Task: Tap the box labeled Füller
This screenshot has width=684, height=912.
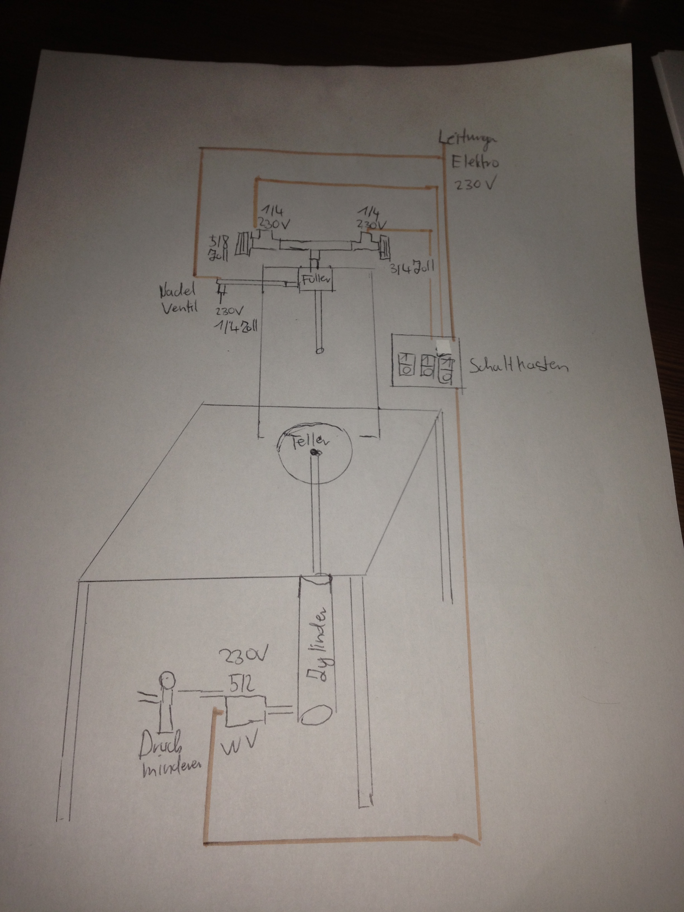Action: click(316, 279)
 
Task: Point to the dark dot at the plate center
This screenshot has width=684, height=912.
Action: click(316, 453)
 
